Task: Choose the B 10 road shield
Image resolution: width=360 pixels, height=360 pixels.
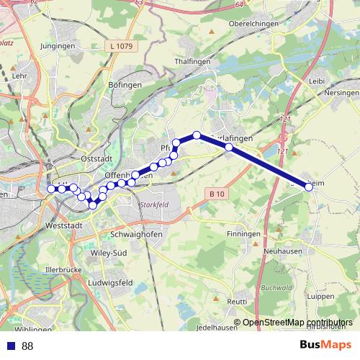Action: pyautogui.click(x=216, y=194)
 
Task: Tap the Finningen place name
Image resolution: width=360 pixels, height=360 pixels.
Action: pyautogui.click(x=242, y=235)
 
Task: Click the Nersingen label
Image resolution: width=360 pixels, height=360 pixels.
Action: pyautogui.click(x=341, y=93)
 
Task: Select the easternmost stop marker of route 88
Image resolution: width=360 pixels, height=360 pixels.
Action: pyautogui.click(x=309, y=187)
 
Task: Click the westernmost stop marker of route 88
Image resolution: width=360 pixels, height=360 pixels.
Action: pyautogui.click(x=50, y=189)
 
